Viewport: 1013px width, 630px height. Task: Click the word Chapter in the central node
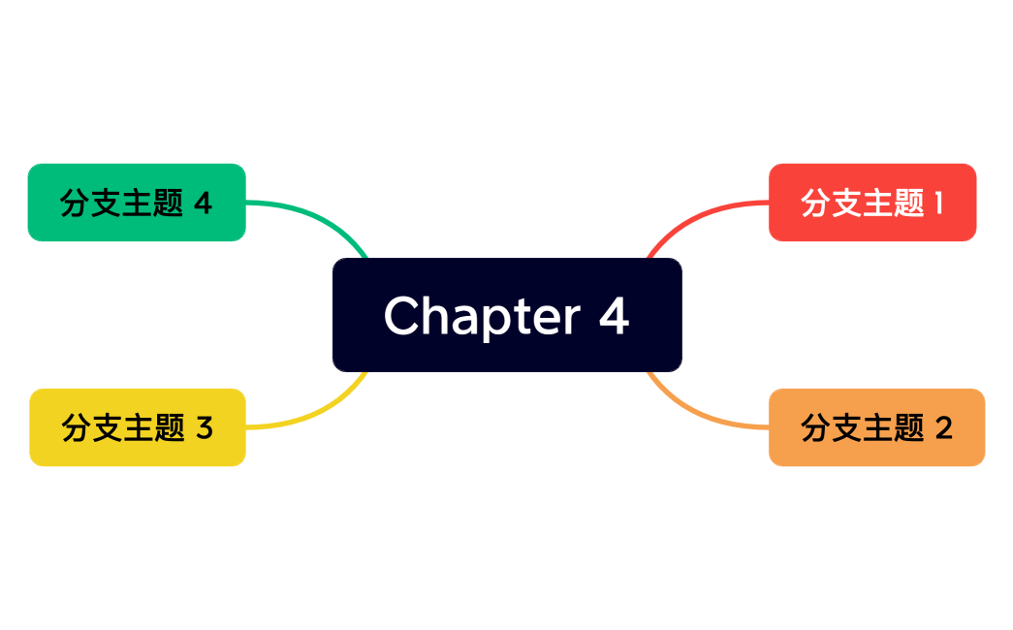click(482, 316)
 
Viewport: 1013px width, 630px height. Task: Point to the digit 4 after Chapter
click(614, 315)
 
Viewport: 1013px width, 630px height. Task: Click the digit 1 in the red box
click(937, 203)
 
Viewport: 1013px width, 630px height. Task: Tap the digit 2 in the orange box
click(943, 427)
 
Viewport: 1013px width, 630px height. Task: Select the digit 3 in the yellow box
click(204, 427)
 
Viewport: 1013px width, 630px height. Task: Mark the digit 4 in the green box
click(203, 204)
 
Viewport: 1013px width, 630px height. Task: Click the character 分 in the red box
click(816, 203)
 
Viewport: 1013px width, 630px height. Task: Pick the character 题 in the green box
click(168, 204)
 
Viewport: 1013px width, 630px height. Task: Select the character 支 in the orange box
click(847, 427)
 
